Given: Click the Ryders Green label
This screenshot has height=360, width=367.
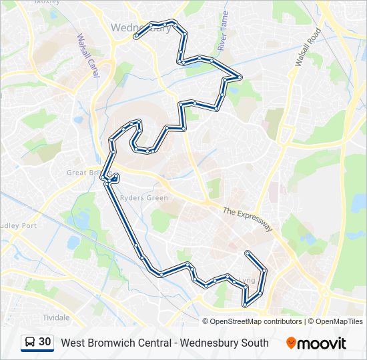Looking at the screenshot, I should tap(143, 197).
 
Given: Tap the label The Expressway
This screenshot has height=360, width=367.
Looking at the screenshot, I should tap(248, 219).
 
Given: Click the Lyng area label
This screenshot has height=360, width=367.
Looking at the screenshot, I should tap(247, 281).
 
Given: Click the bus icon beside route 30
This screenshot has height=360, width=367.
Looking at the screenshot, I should tap(30, 342).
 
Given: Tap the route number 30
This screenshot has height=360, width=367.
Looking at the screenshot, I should tap(45, 342).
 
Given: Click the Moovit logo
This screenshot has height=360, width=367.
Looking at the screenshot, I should tap(316, 343).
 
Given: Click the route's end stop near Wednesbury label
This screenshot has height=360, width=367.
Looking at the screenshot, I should tap(136, 37).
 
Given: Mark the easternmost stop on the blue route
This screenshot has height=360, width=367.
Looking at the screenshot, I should tap(265, 270).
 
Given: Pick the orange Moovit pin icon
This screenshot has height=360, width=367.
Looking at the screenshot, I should tap(291, 343).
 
